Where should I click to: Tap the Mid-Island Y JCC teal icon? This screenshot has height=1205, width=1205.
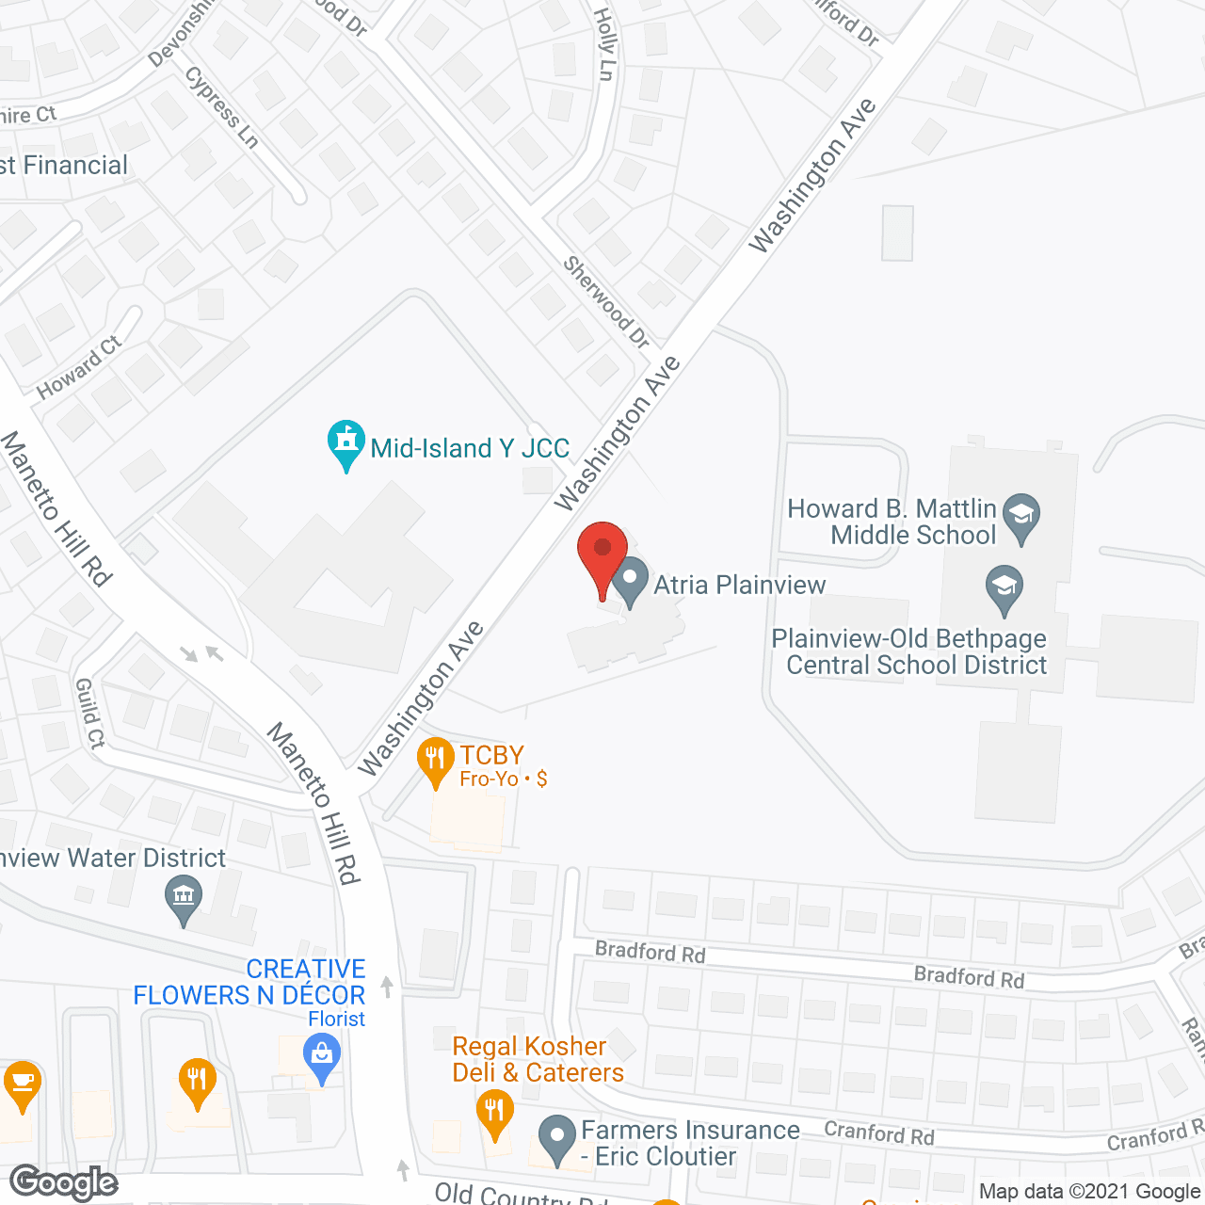click(346, 443)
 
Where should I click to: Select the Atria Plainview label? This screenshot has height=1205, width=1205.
click(740, 585)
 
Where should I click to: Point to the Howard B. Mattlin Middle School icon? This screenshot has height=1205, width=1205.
click(1020, 517)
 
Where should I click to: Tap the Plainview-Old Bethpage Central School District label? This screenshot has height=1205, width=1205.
click(909, 651)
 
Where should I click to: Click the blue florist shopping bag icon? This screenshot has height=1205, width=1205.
click(322, 1056)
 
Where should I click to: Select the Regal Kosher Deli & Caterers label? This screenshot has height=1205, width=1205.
click(538, 1059)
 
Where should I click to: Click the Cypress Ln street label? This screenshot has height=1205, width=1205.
click(222, 106)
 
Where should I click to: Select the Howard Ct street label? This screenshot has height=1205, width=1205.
click(80, 367)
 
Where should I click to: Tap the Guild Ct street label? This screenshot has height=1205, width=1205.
click(89, 714)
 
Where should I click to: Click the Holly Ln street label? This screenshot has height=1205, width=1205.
click(604, 43)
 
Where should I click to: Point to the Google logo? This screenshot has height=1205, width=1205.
click(64, 1182)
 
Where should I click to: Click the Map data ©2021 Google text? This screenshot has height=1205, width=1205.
click(1089, 1192)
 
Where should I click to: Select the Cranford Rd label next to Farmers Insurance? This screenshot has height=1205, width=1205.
click(879, 1133)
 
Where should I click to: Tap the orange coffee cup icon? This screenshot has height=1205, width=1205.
click(21, 1084)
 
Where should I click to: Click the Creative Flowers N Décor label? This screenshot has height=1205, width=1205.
click(249, 982)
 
